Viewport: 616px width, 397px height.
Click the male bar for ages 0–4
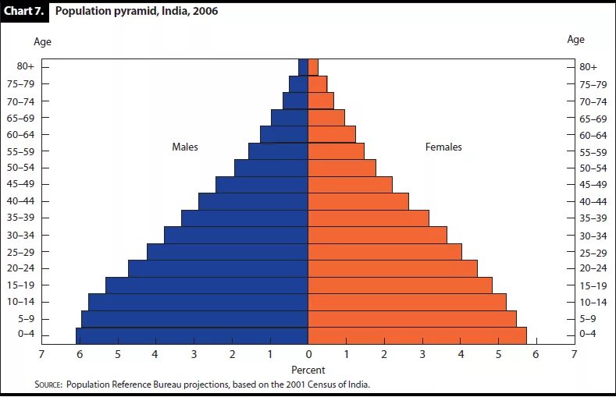(x=192, y=335)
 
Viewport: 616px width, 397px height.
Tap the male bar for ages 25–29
(x=227, y=252)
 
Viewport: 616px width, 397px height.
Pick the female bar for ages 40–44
(x=358, y=201)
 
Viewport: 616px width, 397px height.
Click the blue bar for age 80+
(x=303, y=67)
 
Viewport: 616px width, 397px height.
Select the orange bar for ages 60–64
(x=332, y=134)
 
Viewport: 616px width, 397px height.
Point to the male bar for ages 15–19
(x=207, y=285)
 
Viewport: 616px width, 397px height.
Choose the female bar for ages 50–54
(x=342, y=168)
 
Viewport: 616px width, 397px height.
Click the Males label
(x=185, y=147)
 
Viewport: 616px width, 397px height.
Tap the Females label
(x=443, y=147)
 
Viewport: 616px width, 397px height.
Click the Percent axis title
(x=308, y=370)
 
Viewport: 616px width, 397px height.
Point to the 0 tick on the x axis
(x=308, y=355)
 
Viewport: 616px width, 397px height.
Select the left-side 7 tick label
(x=41, y=355)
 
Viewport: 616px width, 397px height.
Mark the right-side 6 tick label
(x=536, y=355)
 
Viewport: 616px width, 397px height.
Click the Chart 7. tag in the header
(x=25, y=12)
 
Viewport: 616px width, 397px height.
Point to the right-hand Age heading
(x=575, y=40)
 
